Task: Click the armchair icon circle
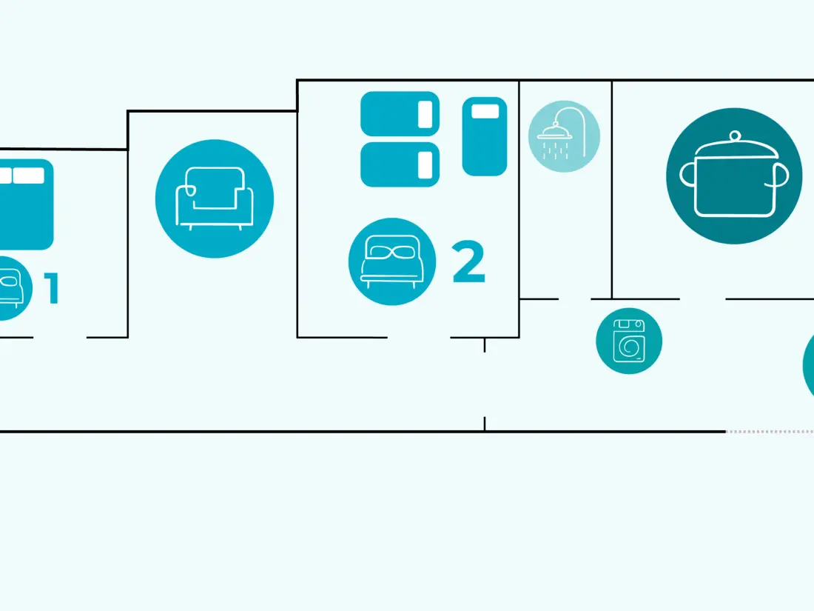[x=215, y=198]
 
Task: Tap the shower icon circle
[x=565, y=136]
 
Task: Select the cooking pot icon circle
[x=734, y=176]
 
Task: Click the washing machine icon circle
[x=629, y=341]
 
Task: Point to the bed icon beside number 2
[x=392, y=261]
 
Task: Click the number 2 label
[x=468, y=261]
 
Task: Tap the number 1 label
[x=51, y=288]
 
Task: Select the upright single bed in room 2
[x=485, y=136]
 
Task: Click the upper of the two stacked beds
[x=400, y=114]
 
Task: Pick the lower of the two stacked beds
[x=400, y=164]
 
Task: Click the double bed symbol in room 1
[x=26, y=204]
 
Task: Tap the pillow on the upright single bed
[x=485, y=111]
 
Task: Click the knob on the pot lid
[x=735, y=136]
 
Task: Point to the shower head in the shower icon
[x=554, y=133]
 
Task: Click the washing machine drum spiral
[x=630, y=347]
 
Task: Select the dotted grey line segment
[x=770, y=431]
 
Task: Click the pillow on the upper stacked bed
[x=425, y=114]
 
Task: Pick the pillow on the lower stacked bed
[x=425, y=164]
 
